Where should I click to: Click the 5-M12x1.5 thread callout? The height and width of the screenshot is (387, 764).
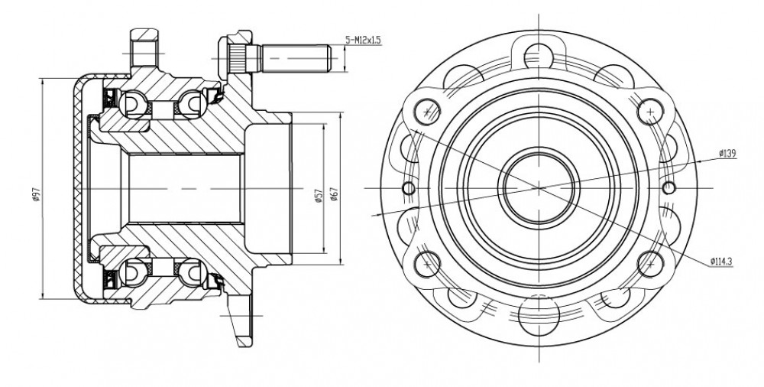tap(362, 40)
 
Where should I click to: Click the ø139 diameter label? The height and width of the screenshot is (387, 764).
tap(727, 154)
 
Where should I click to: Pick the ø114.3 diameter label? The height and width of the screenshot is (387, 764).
tap(721, 262)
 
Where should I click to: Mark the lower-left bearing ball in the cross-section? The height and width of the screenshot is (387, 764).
tap(133, 272)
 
